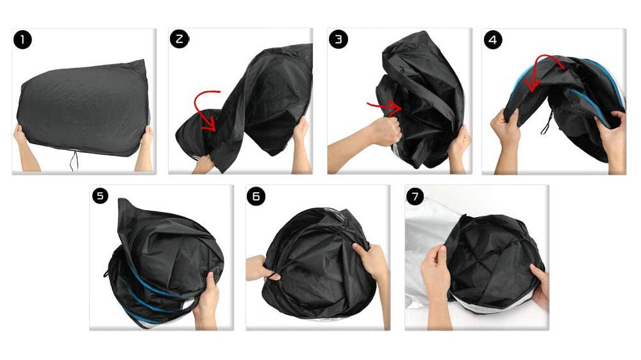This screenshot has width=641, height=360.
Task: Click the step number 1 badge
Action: tap(22, 40)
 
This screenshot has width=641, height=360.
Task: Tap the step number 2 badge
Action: tap(179, 39)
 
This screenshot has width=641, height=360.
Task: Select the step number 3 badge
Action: tap(338, 39)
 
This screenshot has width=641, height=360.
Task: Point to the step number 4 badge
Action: tap(492, 40)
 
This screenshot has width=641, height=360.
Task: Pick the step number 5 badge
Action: tap(100, 196)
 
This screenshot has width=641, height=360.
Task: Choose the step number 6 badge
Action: tap(256, 197)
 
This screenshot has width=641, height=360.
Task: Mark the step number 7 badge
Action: tap(415, 197)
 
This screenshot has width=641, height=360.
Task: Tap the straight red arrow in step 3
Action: tap(385, 108)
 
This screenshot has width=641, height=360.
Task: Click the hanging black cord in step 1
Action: tap(74, 161)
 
